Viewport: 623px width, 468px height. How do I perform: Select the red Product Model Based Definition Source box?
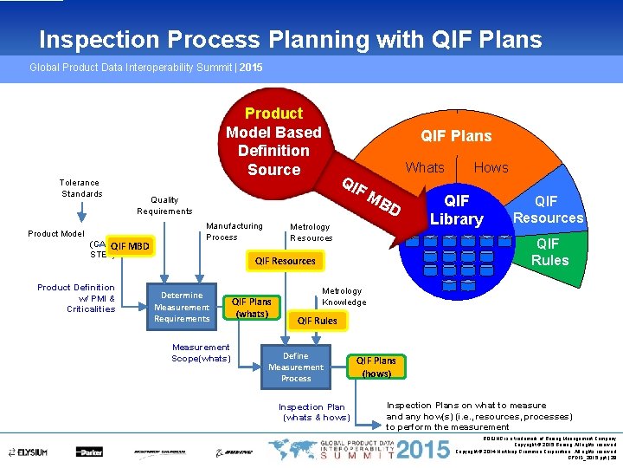[x=273, y=141]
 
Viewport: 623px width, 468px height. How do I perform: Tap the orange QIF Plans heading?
[x=456, y=136]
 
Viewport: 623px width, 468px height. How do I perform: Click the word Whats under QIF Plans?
[x=425, y=167]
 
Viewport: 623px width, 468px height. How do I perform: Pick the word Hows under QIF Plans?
[x=491, y=167]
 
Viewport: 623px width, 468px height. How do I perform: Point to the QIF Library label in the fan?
[x=456, y=210]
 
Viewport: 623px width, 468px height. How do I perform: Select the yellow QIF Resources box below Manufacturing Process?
[x=285, y=261]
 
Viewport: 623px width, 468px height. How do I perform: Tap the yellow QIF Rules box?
[x=317, y=321]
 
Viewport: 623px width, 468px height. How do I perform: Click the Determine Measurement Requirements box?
[x=182, y=307]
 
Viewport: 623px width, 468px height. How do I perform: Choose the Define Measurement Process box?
[x=295, y=367]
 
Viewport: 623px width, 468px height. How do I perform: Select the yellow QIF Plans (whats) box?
[x=251, y=308]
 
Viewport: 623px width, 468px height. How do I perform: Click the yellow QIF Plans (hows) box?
[x=376, y=367]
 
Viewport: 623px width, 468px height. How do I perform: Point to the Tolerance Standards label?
[x=79, y=188]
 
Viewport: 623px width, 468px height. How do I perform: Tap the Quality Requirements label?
[x=164, y=205]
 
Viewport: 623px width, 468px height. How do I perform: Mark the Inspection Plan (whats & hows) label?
[x=311, y=412]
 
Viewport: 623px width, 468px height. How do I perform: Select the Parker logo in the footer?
[x=89, y=452]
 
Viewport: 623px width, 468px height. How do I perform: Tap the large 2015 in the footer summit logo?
[x=421, y=450]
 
